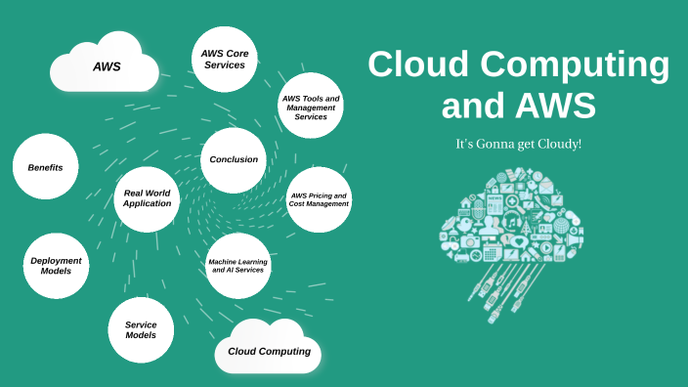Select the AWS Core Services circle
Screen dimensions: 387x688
click(224, 59)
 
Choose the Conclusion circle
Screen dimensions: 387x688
click(234, 159)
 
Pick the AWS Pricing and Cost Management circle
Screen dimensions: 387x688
click(319, 199)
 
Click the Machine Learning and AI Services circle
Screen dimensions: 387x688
click(238, 266)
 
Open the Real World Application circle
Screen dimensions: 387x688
click(148, 198)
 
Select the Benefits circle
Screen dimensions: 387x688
click(45, 167)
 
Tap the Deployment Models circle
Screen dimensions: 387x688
click(56, 267)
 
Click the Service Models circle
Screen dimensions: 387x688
click(141, 329)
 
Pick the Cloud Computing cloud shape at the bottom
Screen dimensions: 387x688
click(269, 350)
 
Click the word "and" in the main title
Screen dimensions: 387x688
click(475, 105)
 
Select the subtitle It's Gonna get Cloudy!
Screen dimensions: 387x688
click(518, 144)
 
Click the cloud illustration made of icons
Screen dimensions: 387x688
click(510, 215)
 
